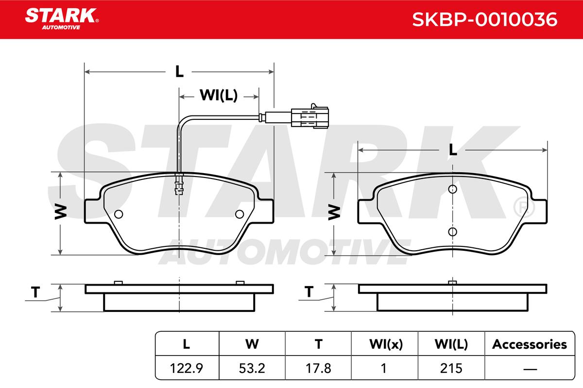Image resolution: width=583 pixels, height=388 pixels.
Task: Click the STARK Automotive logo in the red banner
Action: [62, 19]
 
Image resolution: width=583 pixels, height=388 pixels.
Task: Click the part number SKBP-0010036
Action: [485, 19]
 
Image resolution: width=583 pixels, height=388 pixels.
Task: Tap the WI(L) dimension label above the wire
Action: [219, 95]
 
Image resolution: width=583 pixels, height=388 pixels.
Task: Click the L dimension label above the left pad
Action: [179, 71]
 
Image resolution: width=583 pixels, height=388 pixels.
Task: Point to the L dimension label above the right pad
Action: [453, 150]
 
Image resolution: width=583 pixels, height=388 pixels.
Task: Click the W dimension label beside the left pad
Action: [61, 212]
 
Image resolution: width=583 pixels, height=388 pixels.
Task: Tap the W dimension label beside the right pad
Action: [334, 212]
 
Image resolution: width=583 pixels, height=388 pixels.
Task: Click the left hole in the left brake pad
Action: [119, 214]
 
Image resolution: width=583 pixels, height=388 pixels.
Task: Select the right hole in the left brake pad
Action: [240, 214]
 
